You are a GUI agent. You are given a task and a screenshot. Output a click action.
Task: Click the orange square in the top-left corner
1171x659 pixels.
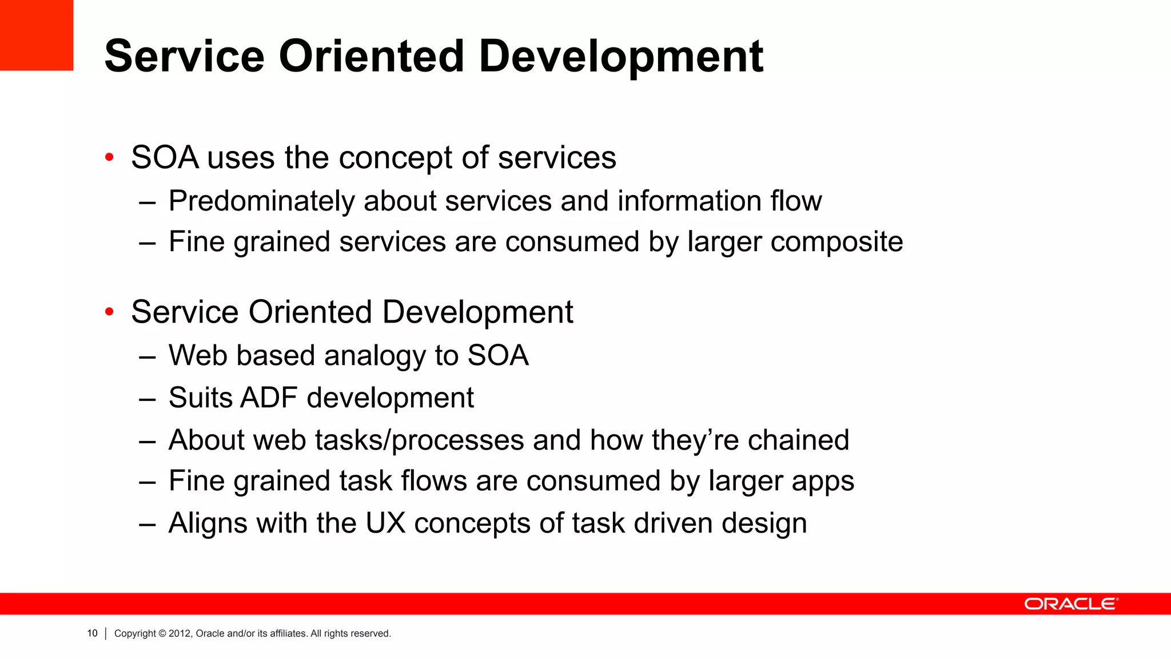(36, 35)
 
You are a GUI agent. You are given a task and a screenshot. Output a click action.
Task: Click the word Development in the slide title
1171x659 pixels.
(621, 57)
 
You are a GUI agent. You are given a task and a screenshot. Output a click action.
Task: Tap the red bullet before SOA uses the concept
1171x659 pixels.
(109, 157)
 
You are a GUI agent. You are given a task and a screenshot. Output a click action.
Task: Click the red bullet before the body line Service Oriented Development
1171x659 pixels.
(109, 312)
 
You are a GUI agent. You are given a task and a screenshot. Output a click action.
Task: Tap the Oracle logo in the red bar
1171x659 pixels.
(1070, 604)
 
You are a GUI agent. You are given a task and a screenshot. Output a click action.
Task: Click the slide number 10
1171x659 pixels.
(92, 633)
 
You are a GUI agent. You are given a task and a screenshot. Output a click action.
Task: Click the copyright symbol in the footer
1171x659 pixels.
(162, 634)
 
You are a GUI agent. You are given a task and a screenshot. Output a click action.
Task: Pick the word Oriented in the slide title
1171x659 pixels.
(371, 57)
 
